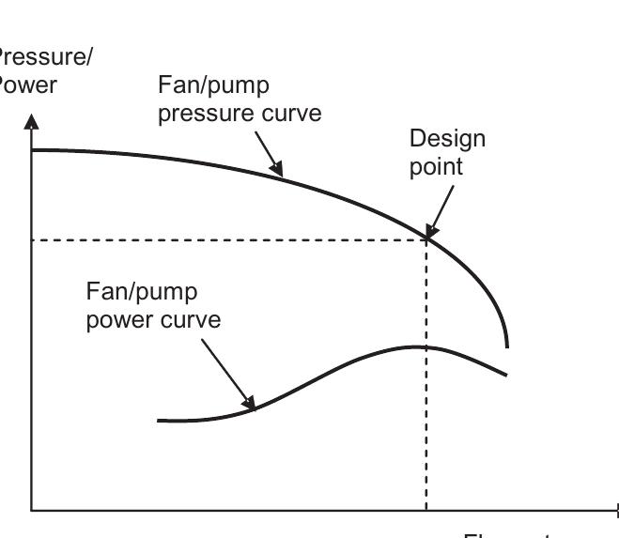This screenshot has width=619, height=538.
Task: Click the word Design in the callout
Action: click(x=447, y=140)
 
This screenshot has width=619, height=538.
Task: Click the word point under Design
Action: click(x=436, y=169)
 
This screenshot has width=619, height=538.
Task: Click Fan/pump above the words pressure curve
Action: click(x=213, y=85)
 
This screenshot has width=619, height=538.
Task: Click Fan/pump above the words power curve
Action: click(x=142, y=291)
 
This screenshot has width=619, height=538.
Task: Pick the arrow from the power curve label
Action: click(x=226, y=375)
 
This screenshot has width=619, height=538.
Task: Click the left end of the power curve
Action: click(x=159, y=421)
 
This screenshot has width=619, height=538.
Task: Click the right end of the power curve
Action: click(x=506, y=375)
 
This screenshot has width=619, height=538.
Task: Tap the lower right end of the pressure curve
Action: click(x=507, y=346)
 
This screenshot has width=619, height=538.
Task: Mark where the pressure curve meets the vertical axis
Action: click(x=32, y=150)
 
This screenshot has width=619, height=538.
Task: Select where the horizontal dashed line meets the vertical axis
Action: click(x=32, y=240)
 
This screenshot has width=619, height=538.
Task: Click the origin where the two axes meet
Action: click(x=32, y=511)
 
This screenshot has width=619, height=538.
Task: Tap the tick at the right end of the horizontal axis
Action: click(x=617, y=511)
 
